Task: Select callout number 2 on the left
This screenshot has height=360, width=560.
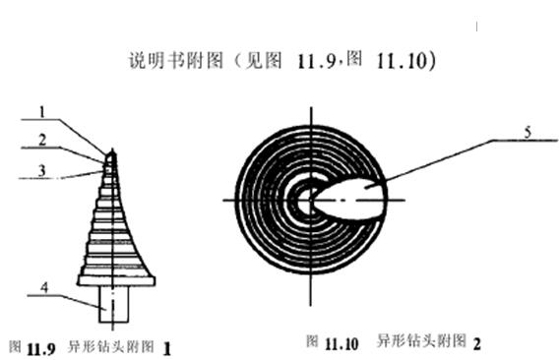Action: (x=41, y=139)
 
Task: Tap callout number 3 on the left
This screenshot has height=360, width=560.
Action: (x=40, y=168)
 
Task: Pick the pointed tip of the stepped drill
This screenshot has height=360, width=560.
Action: (x=109, y=152)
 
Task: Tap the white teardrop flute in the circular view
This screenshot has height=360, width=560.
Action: (x=349, y=197)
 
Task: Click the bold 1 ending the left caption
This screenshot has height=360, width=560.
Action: (x=167, y=347)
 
